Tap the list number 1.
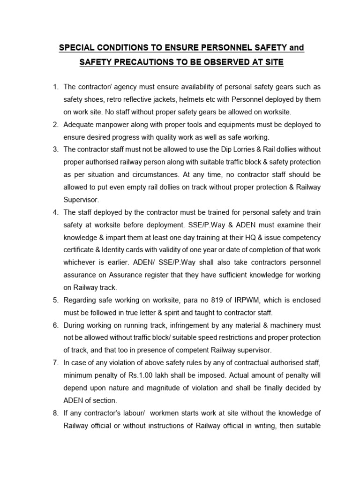pyautogui.click(x=55, y=87)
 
